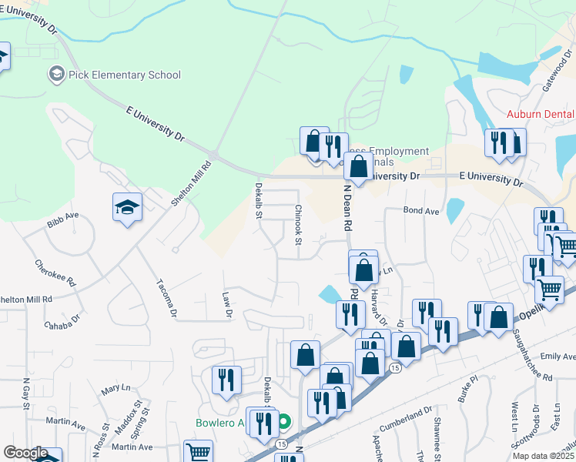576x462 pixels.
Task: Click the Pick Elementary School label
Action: tap(124, 75)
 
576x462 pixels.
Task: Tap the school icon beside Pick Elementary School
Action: tap(55, 75)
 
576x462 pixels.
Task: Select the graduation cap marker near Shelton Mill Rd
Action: tap(127, 207)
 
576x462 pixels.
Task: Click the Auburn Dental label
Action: tap(541, 115)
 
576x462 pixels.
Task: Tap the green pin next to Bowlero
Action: tap(284, 421)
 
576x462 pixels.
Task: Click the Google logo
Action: tap(25, 453)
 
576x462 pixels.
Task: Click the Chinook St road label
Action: tap(297, 224)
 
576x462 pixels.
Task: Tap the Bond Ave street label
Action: tap(420, 210)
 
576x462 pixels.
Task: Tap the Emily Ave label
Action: tap(558, 357)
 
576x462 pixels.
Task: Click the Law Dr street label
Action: tap(227, 304)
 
